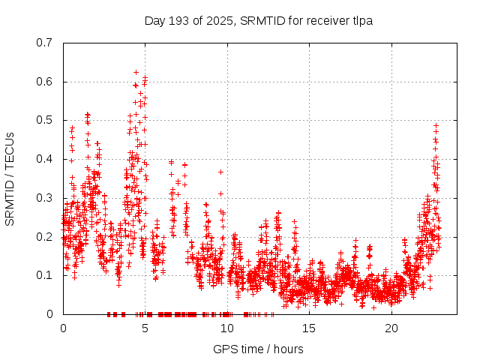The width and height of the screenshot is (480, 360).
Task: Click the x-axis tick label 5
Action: (145, 328)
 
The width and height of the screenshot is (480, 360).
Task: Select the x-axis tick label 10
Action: (227, 328)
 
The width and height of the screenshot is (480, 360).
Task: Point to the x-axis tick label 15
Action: (310, 328)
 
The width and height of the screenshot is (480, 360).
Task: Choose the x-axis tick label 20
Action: (392, 328)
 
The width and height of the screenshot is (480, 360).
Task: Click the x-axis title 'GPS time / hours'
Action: (258, 349)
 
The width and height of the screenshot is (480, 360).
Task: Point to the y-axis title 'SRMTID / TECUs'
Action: (10, 178)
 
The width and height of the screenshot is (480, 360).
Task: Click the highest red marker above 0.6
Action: (136, 72)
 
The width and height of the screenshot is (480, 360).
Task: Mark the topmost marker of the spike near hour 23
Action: (436, 125)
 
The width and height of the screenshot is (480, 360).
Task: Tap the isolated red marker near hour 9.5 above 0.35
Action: (220, 172)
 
